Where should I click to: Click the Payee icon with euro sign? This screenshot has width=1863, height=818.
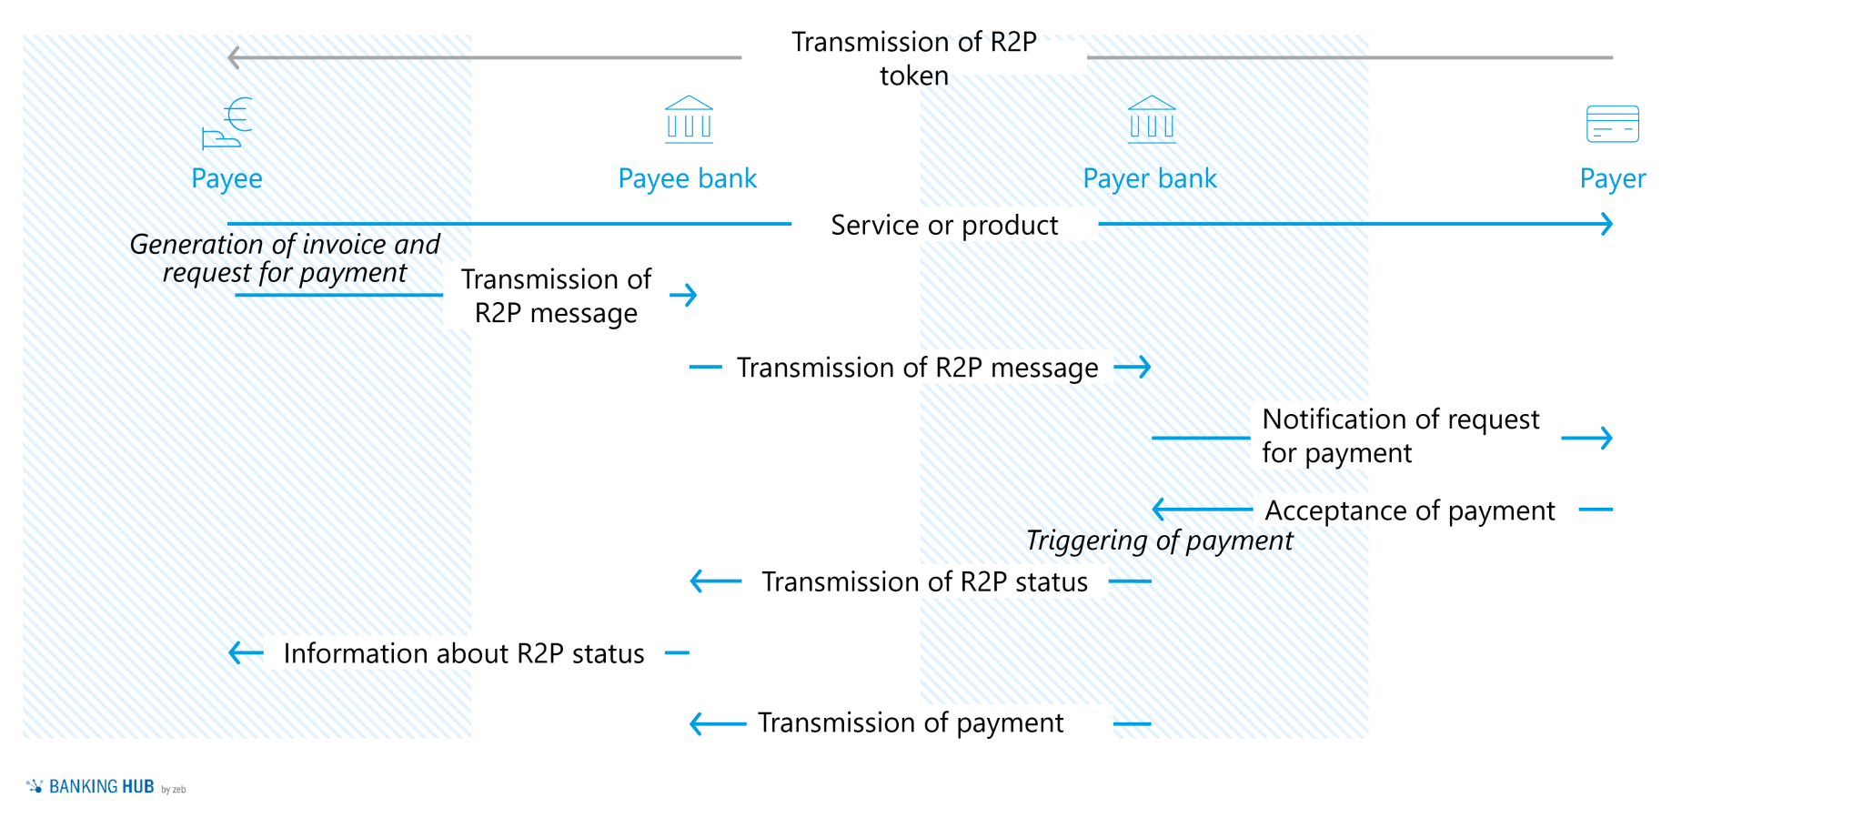coord(227,122)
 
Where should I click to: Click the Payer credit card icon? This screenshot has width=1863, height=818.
coord(1612,124)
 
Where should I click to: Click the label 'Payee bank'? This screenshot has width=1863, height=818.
coord(687,178)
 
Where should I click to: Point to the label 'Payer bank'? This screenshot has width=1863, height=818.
coord(1149,178)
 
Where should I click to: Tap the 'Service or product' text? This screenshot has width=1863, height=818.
coord(944,225)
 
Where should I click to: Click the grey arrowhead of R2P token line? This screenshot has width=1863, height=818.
coord(234,57)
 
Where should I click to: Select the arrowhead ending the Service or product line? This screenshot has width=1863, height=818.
coord(1607,224)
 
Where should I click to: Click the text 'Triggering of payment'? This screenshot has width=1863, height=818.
coord(1159,540)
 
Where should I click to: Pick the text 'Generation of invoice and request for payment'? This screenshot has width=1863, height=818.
coord(285,258)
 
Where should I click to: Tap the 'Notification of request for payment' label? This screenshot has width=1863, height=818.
coord(1399,436)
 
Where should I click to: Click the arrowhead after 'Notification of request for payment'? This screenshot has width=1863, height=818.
coord(1606,438)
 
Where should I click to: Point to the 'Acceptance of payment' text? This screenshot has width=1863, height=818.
coord(1409,510)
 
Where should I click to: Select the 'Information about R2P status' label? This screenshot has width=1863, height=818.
coord(464,653)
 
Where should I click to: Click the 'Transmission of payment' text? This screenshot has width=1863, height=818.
coord(910,722)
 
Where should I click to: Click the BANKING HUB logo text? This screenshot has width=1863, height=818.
coord(101,787)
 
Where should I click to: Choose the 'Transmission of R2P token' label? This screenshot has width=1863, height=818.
coord(913,58)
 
